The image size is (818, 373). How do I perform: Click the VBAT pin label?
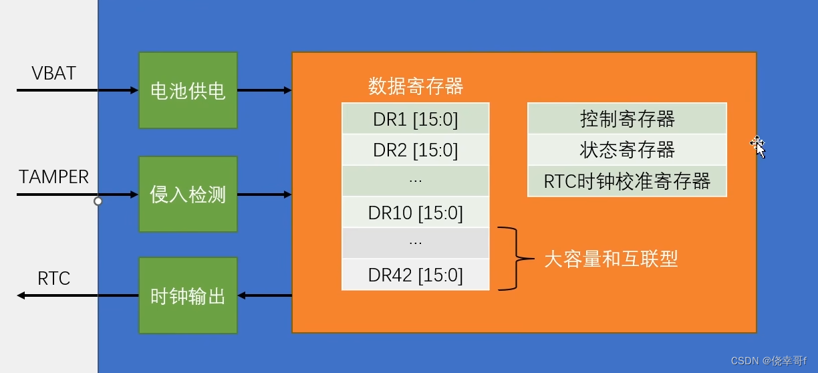pyautogui.click(x=53, y=73)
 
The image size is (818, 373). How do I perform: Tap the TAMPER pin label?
pyautogui.click(x=53, y=177)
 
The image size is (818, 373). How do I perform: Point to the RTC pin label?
pyautogui.click(x=53, y=278)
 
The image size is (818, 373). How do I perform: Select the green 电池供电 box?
pyautogui.click(x=188, y=90)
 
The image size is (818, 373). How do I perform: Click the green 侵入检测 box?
pyautogui.click(x=188, y=195)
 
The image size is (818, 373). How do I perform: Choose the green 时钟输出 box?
pyautogui.click(x=188, y=295)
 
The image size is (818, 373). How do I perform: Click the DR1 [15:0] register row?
pyautogui.click(x=415, y=118)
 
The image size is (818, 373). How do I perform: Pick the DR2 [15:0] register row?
pyautogui.click(x=415, y=150)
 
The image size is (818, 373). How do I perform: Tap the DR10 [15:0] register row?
pyautogui.click(x=415, y=213)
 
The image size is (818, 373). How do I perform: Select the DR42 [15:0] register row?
pyautogui.click(x=415, y=275)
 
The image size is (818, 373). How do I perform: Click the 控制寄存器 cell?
pyautogui.click(x=627, y=118)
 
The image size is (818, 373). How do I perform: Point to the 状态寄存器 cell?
pyautogui.click(x=627, y=150)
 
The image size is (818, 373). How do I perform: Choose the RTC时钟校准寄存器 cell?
pyautogui.click(x=627, y=181)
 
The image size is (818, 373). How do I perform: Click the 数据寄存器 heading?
pyautogui.click(x=415, y=86)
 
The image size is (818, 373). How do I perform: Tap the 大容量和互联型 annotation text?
pyautogui.click(x=611, y=259)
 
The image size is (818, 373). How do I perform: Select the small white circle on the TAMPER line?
pyautogui.click(x=98, y=201)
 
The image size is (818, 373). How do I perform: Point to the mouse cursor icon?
pyautogui.click(x=758, y=146)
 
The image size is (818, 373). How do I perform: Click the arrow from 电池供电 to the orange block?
pyautogui.click(x=265, y=90)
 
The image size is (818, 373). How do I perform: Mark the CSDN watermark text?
pyautogui.click(x=769, y=361)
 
